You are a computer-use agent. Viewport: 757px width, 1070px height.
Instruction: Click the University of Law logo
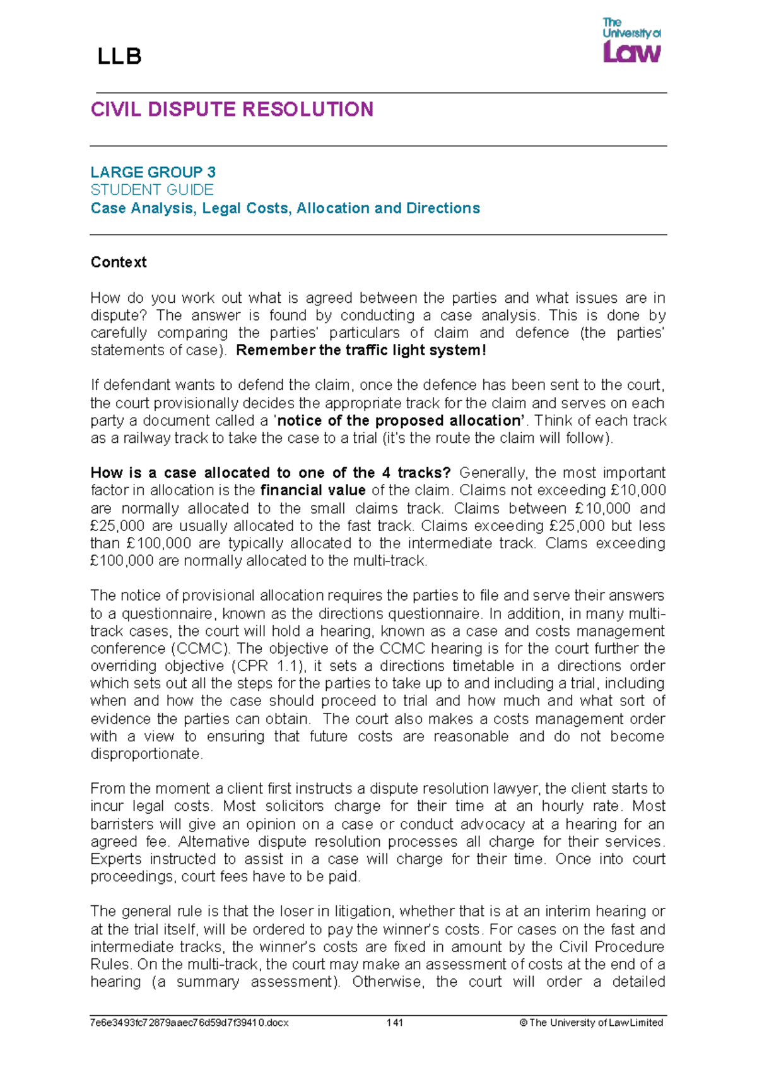[x=631, y=40]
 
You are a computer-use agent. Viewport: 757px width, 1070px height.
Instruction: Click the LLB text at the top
[x=119, y=57]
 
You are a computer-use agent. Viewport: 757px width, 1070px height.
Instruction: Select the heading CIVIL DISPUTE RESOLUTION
[x=232, y=110]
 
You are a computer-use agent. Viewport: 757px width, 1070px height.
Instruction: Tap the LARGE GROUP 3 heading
[x=153, y=172]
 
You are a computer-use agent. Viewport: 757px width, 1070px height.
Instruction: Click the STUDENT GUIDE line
[x=151, y=189]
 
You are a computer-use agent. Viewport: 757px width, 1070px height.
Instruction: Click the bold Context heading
[x=119, y=262]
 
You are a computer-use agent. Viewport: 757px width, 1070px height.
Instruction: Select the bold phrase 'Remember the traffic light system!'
[x=361, y=350]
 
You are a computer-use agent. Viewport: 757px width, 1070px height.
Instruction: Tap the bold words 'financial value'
[x=313, y=490]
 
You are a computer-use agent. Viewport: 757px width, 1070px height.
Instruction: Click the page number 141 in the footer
[x=395, y=1023]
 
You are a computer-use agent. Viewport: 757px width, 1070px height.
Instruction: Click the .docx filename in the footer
[x=189, y=1023]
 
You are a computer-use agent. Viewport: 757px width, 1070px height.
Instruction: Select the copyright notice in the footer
[x=591, y=1023]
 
